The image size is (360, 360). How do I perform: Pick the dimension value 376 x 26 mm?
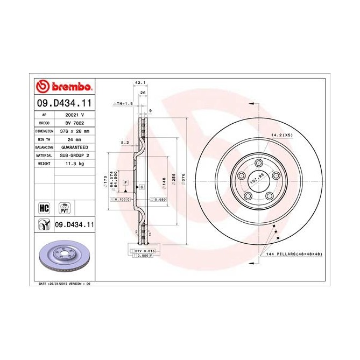click(x=73, y=131)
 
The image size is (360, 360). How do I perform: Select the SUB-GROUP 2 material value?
click(x=73, y=155)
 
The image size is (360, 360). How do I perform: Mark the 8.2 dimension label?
click(x=125, y=143)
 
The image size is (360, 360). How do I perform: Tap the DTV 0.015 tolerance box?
click(x=144, y=251)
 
